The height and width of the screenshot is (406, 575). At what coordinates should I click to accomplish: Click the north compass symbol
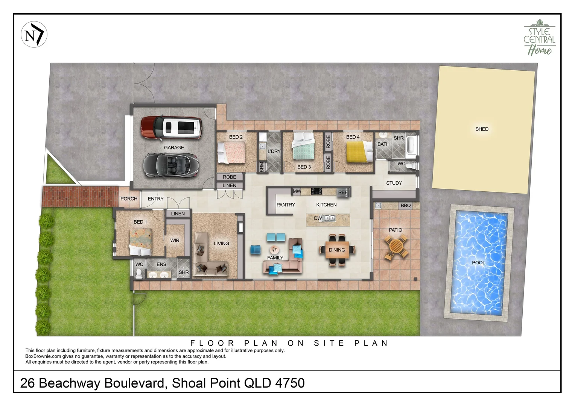(x=34, y=35)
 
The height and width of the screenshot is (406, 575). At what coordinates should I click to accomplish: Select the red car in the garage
(x=171, y=127)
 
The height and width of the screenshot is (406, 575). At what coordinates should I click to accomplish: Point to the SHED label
(x=482, y=129)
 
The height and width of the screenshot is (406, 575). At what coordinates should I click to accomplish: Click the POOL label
(x=478, y=262)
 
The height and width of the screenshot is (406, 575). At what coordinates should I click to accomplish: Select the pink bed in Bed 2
(x=232, y=151)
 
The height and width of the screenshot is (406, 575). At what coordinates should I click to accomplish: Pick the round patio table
(x=396, y=247)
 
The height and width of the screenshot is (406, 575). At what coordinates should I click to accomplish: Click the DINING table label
(x=337, y=250)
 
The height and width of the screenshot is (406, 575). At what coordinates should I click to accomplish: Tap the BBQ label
(x=406, y=206)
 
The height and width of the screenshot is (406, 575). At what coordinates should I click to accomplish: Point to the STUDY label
(x=394, y=183)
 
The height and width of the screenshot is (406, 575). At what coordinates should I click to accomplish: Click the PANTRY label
(x=286, y=205)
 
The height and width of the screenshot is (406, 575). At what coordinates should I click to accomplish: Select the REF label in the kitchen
(x=342, y=192)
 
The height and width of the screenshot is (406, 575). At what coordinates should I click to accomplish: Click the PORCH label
(x=129, y=199)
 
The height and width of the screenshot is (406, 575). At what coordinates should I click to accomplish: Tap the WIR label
(x=175, y=241)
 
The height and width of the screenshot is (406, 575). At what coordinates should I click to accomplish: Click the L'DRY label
(x=274, y=151)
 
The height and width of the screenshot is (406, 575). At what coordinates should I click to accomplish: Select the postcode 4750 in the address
(x=290, y=383)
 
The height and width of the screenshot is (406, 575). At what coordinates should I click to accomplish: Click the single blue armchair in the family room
(x=255, y=249)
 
